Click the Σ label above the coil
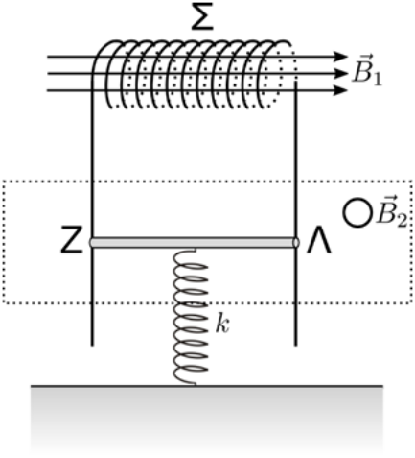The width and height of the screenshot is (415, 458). pos(202,16)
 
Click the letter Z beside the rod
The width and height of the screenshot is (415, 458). pos(72,240)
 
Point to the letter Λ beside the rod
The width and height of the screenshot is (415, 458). pos(318,240)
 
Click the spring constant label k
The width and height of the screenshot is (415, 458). pos(222,325)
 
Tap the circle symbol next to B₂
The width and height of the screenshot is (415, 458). pos(357,212)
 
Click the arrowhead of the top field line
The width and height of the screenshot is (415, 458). pos(340,57)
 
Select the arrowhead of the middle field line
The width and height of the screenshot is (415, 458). pos(340,74)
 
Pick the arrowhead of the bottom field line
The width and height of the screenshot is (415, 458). pos(340,90)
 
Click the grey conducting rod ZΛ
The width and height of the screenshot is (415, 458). pos(195,243)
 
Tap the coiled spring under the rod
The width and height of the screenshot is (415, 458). pos(191,317)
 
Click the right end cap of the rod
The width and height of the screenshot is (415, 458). pos(296,243)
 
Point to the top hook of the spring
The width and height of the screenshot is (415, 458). pos(189,250)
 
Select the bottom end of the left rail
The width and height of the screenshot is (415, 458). pos(92,345)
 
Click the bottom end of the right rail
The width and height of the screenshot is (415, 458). pos(295,345)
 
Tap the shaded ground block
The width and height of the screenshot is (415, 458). pos(207,420)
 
